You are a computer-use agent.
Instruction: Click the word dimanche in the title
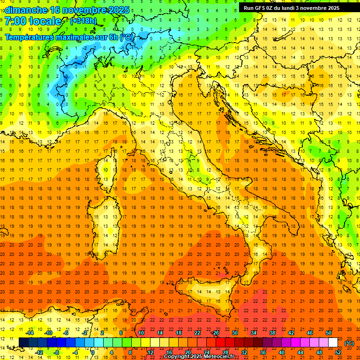point(26,10)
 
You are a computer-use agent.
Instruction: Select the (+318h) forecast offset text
point(83,21)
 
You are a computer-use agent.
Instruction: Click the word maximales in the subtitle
point(68,37)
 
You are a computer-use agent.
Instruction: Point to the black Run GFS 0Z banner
point(295,7)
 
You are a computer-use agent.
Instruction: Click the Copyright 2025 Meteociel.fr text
point(199,357)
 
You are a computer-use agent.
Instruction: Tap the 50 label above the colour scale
point(328,333)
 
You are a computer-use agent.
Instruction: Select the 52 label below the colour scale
point(337,352)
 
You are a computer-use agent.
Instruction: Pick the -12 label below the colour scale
point(39,352)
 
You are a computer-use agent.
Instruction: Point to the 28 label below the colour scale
point(225,352)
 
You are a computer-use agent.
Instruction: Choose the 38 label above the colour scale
point(272,333)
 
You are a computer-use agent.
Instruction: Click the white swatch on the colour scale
point(333,343)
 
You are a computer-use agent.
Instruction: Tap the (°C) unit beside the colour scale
point(349,343)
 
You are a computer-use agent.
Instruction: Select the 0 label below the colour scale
point(93,352)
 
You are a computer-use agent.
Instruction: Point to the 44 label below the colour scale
point(300,352)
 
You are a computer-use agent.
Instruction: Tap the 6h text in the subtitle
point(112,37)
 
